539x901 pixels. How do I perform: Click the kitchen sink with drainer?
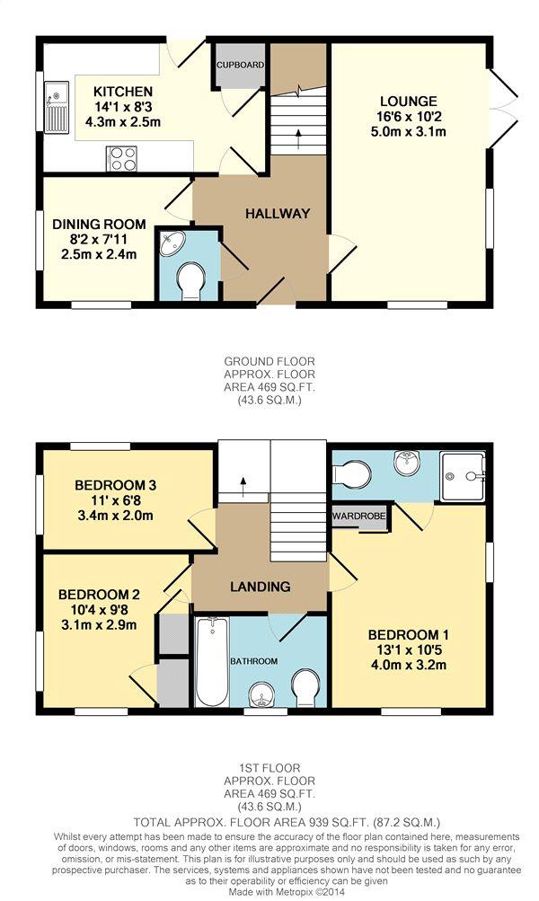click(57, 107)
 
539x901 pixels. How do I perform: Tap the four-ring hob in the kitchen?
click(121, 158)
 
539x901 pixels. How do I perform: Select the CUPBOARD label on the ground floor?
click(240, 65)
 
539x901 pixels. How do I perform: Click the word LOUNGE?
click(409, 102)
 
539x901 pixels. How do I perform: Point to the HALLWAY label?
click(278, 214)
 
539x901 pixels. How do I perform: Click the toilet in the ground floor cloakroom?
click(190, 281)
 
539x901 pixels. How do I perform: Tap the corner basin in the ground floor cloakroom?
click(172, 243)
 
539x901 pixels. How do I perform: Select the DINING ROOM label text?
click(99, 224)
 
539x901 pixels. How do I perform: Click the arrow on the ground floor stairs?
click(298, 139)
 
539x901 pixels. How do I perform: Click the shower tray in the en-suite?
click(463, 476)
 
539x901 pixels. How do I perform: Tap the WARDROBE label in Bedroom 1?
click(359, 516)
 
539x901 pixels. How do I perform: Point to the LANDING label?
click(261, 587)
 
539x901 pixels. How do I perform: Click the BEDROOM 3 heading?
click(116, 485)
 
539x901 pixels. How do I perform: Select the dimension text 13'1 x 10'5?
click(409, 650)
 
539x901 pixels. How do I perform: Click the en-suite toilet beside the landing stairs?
click(351, 474)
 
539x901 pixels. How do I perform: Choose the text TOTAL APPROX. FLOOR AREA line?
click(287, 822)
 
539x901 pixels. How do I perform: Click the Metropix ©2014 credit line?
click(287, 892)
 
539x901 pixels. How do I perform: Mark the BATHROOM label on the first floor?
click(254, 661)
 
